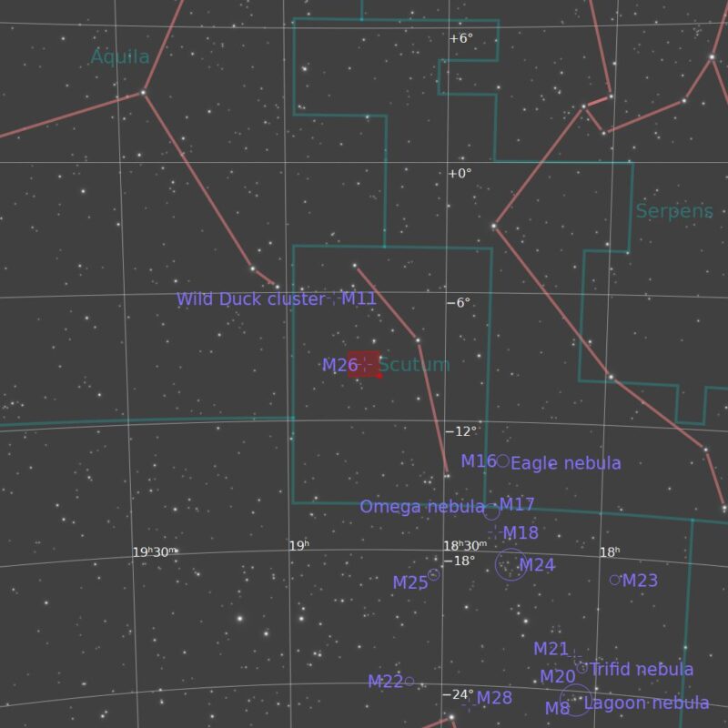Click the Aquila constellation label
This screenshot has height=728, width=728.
120,57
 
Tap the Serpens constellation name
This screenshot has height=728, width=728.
674,211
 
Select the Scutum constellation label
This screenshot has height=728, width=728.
414,365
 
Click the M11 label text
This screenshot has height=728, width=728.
359,298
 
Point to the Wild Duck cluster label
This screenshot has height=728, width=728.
250,299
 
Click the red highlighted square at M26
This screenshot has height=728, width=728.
363,364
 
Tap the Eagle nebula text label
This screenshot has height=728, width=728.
566,463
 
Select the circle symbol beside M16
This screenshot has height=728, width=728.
502,461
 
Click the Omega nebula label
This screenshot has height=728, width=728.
422,507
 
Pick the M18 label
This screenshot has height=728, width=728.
521,533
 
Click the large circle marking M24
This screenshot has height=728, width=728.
511,564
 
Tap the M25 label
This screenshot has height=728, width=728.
409,583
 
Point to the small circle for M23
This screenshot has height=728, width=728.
615,580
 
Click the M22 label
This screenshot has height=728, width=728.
385,682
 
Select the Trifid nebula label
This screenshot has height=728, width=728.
642,670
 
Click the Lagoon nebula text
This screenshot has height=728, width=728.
646,703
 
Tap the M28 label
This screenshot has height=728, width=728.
494,698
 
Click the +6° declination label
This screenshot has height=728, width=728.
461,38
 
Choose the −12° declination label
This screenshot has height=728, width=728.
460,431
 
